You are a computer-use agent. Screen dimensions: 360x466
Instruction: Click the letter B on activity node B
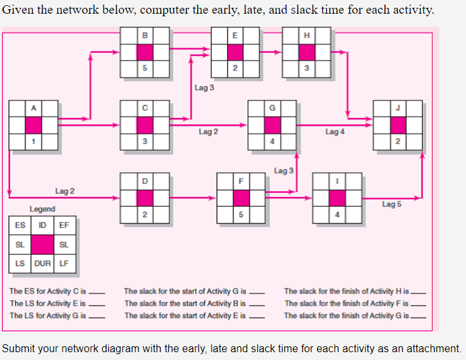tap(145, 35)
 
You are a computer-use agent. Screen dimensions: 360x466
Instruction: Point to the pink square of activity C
tap(145, 124)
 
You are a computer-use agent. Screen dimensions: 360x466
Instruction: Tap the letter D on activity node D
tap(145, 180)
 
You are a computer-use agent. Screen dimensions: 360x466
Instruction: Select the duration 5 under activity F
tap(241, 214)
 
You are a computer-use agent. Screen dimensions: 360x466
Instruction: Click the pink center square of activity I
tap(337, 197)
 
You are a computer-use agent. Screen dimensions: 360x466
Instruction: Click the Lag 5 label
tap(392, 204)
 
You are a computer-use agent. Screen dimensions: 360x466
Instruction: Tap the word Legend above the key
tap(42, 209)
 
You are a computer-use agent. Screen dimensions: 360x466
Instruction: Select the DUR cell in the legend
tap(42, 264)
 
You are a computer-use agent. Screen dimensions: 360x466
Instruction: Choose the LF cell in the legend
tap(64, 264)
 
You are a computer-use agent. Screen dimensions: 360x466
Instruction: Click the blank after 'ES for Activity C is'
tap(97, 292)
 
